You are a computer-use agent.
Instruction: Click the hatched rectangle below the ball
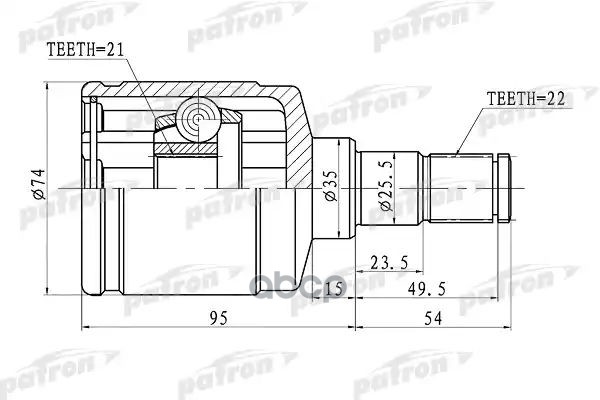point(190,151)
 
